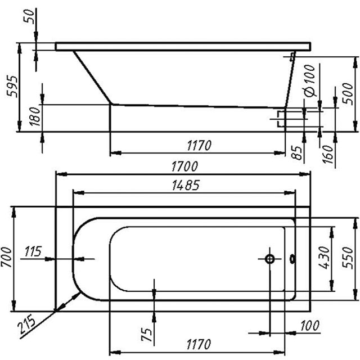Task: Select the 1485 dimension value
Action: (x=183, y=186)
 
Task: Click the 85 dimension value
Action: (x=298, y=151)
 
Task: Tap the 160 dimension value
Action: (x=330, y=151)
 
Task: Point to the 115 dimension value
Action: (x=33, y=251)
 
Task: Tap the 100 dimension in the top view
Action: (x=310, y=326)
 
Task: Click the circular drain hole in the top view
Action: (x=269, y=259)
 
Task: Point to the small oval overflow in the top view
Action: (x=292, y=259)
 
